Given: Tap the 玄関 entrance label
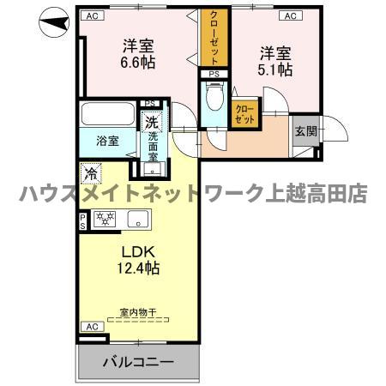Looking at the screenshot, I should [x=305, y=131].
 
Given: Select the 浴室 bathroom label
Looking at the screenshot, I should [x=107, y=141].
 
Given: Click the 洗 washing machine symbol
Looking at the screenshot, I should [x=152, y=121].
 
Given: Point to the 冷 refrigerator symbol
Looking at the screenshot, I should [x=91, y=173].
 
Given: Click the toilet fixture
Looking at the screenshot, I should [x=214, y=97].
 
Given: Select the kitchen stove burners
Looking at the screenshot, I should [x=106, y=220].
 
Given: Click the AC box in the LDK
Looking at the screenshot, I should [x=89, y=327].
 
